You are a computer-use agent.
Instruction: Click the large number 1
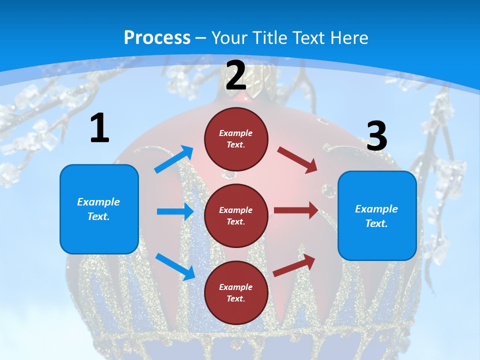click(99, 128)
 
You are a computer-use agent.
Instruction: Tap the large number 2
click(236, 75)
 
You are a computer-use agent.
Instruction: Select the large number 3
click(376, 136)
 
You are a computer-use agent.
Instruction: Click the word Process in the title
click(157, 37)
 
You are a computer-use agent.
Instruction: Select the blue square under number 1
click(99, 209)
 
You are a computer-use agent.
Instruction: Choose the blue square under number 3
click(377, 215)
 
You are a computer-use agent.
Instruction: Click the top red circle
click(236, 139)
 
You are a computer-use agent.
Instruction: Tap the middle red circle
click(236, 215)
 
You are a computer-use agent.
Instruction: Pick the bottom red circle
click(236, 292)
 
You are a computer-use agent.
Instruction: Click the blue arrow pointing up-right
click(174, 159)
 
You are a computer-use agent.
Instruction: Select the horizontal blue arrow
click(174, 211)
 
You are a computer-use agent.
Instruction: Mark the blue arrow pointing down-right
click(175, 266)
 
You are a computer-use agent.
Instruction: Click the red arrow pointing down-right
click(297, 160)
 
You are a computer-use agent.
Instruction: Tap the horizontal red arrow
click(296, 210)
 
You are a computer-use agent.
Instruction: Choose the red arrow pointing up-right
click(294, 265)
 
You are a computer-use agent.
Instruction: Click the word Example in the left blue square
click(98, 202)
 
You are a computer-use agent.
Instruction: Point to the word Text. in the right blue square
click(376, 223)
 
